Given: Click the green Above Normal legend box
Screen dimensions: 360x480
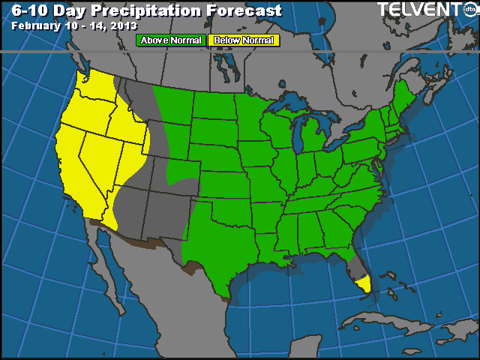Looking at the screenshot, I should (x=171, y=40).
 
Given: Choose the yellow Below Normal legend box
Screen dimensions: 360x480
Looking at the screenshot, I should (x=243, y=40).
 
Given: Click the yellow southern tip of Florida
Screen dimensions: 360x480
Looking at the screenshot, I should (x=364, y=284).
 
